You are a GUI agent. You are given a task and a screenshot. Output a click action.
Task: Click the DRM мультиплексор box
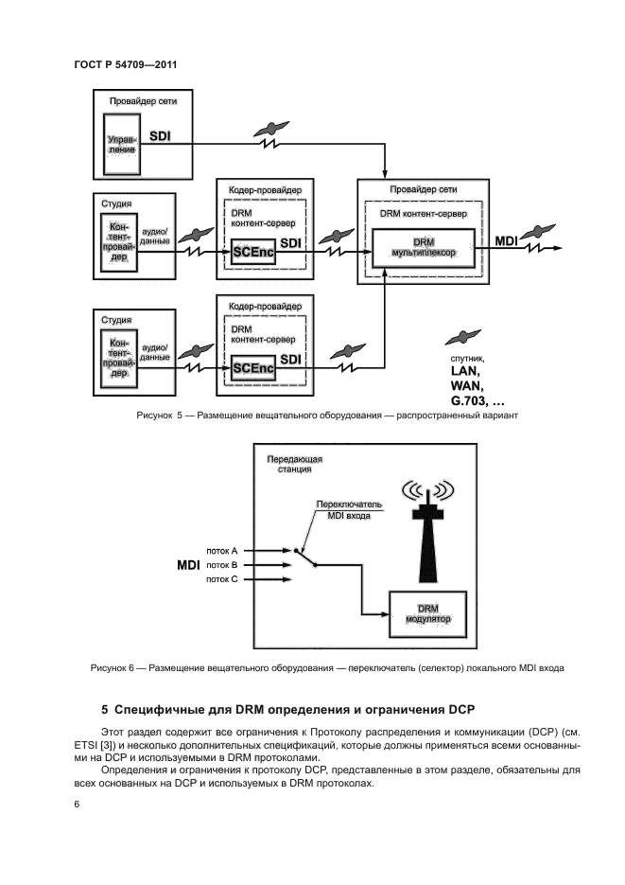coord(417,249)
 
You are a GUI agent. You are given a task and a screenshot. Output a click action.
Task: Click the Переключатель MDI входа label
coord(342,510)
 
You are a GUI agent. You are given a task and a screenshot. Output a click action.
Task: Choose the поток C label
coord(221,578)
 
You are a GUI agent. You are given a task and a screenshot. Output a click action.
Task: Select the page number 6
coord(76,805)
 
